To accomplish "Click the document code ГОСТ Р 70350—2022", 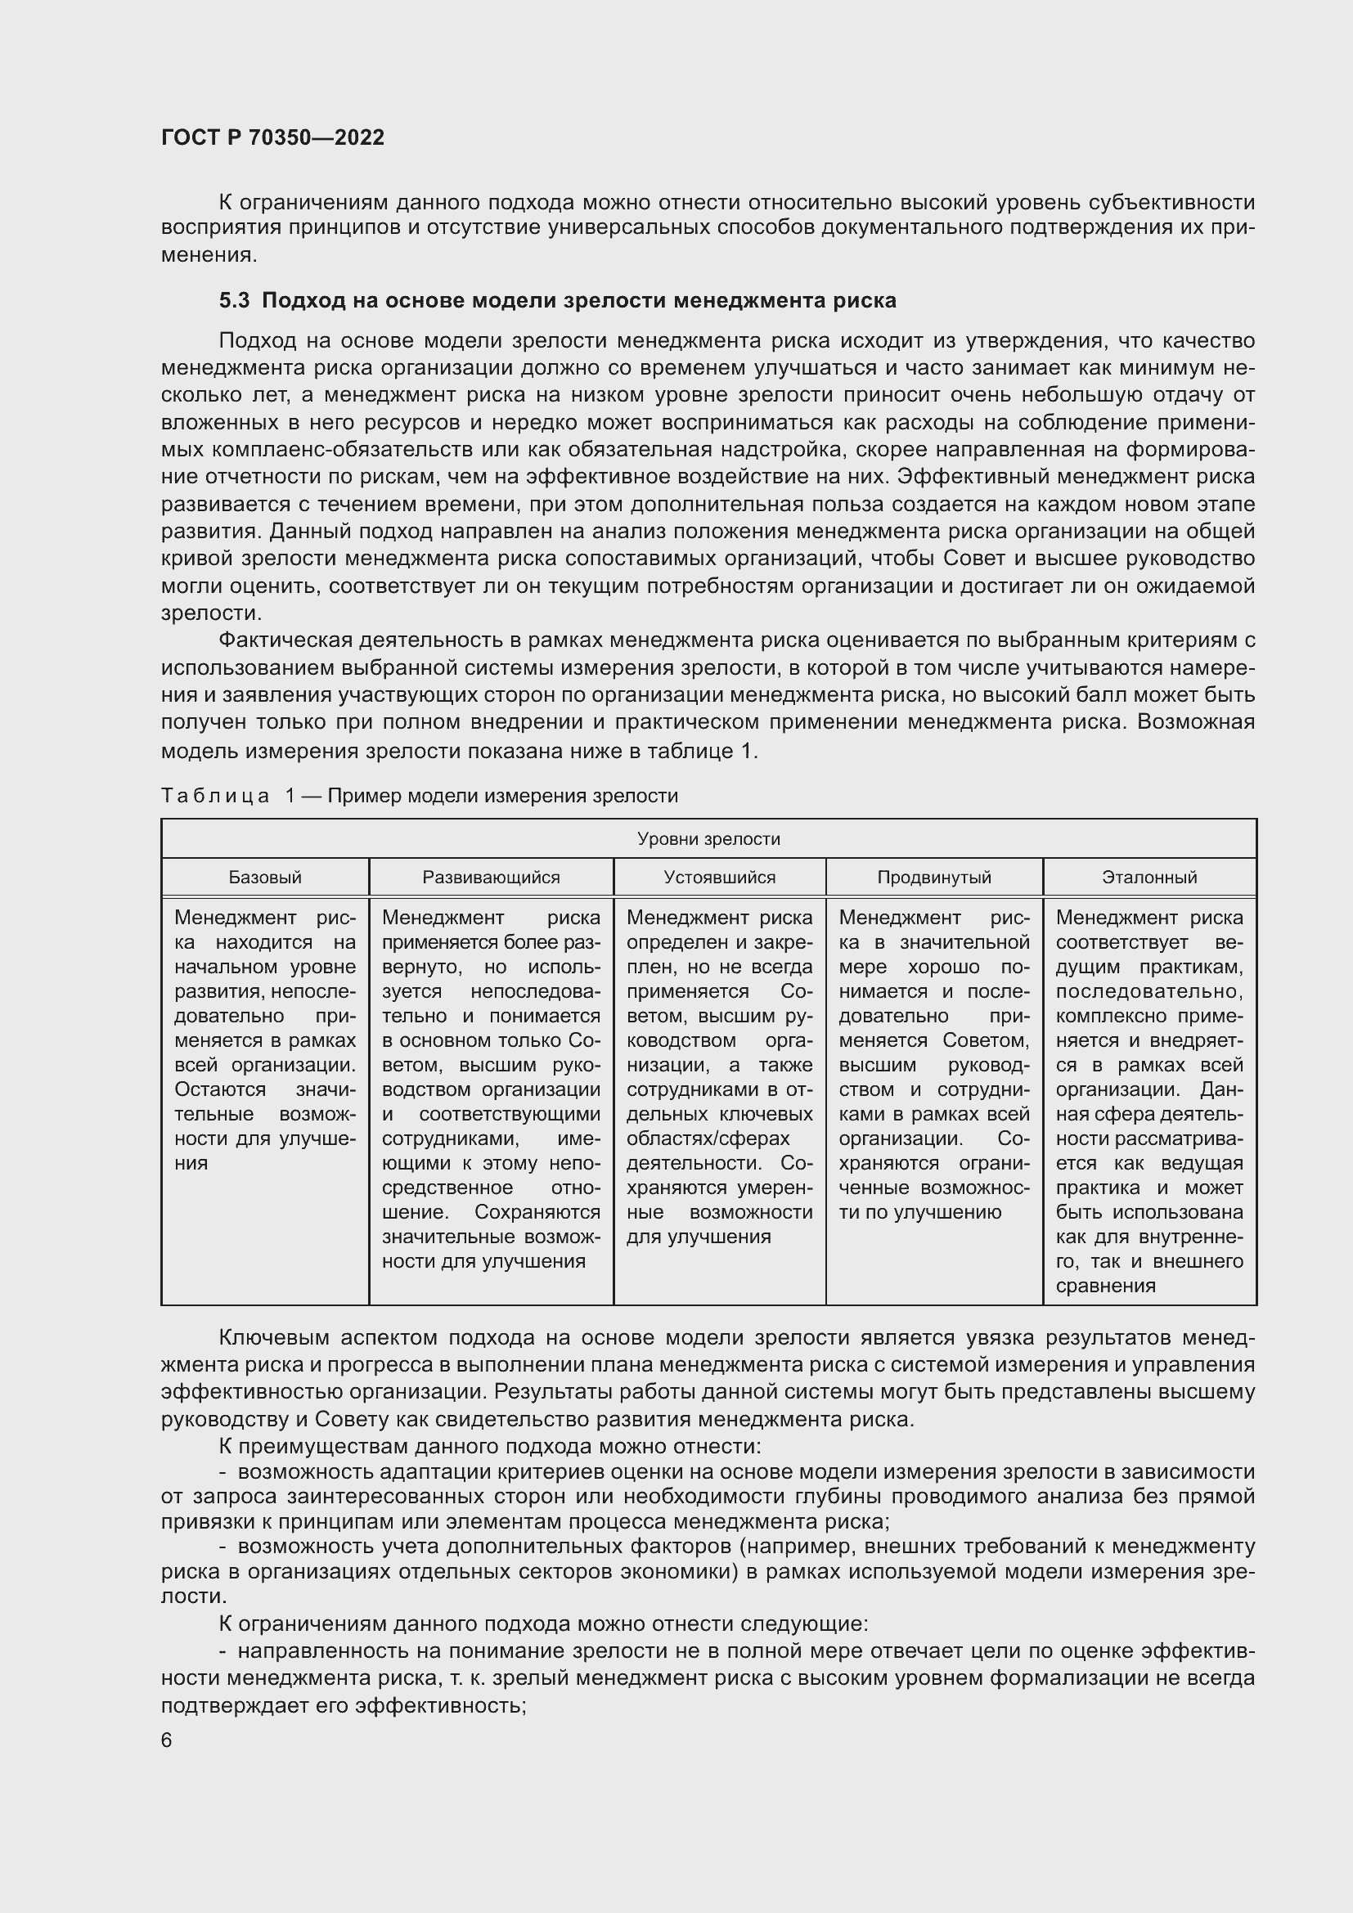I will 272,137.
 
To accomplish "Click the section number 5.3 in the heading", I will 234,301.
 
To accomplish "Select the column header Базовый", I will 265,878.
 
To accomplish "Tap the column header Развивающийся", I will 491,878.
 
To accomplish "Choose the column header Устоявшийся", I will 719,878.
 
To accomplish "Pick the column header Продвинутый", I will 934,878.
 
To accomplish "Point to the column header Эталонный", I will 1148,878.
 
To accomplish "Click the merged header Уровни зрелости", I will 708,839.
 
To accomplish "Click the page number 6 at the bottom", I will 167,1740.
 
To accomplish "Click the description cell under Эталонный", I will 1148,1100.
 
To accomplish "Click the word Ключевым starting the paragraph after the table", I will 273,1338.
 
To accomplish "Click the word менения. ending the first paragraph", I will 209,255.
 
